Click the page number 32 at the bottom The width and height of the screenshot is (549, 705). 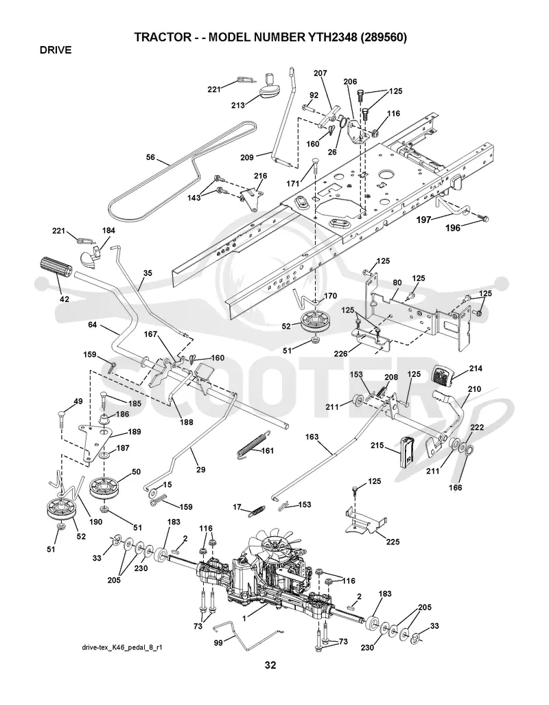pyautogui.click(x=270, y=664)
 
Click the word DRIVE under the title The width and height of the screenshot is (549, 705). pyautogui.click(x=56, y=50)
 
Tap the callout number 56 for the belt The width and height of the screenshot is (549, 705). pyautogui.click(x=150, y=157)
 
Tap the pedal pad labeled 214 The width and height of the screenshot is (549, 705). pyautogui.click(x=443, y=376)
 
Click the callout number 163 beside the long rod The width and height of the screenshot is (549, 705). pyautogui.click(x=312, y=437)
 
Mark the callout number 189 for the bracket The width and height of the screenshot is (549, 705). pyautogui.click(x=135, y=432)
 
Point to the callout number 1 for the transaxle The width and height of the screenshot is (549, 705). pyautogui.click(x=244, y=619)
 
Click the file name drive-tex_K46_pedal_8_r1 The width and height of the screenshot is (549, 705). pyautogui.click(x=121, y=647)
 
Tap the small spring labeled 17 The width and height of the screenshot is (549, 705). pyautogui.click(x=257, y=511)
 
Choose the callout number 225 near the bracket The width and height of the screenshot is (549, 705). pyautogui.click(x=393, y=542)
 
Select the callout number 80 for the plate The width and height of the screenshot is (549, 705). pyautogui.click(x=397, y=283)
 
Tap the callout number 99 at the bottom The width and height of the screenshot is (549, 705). pyautogui.click(x=218, y=643)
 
